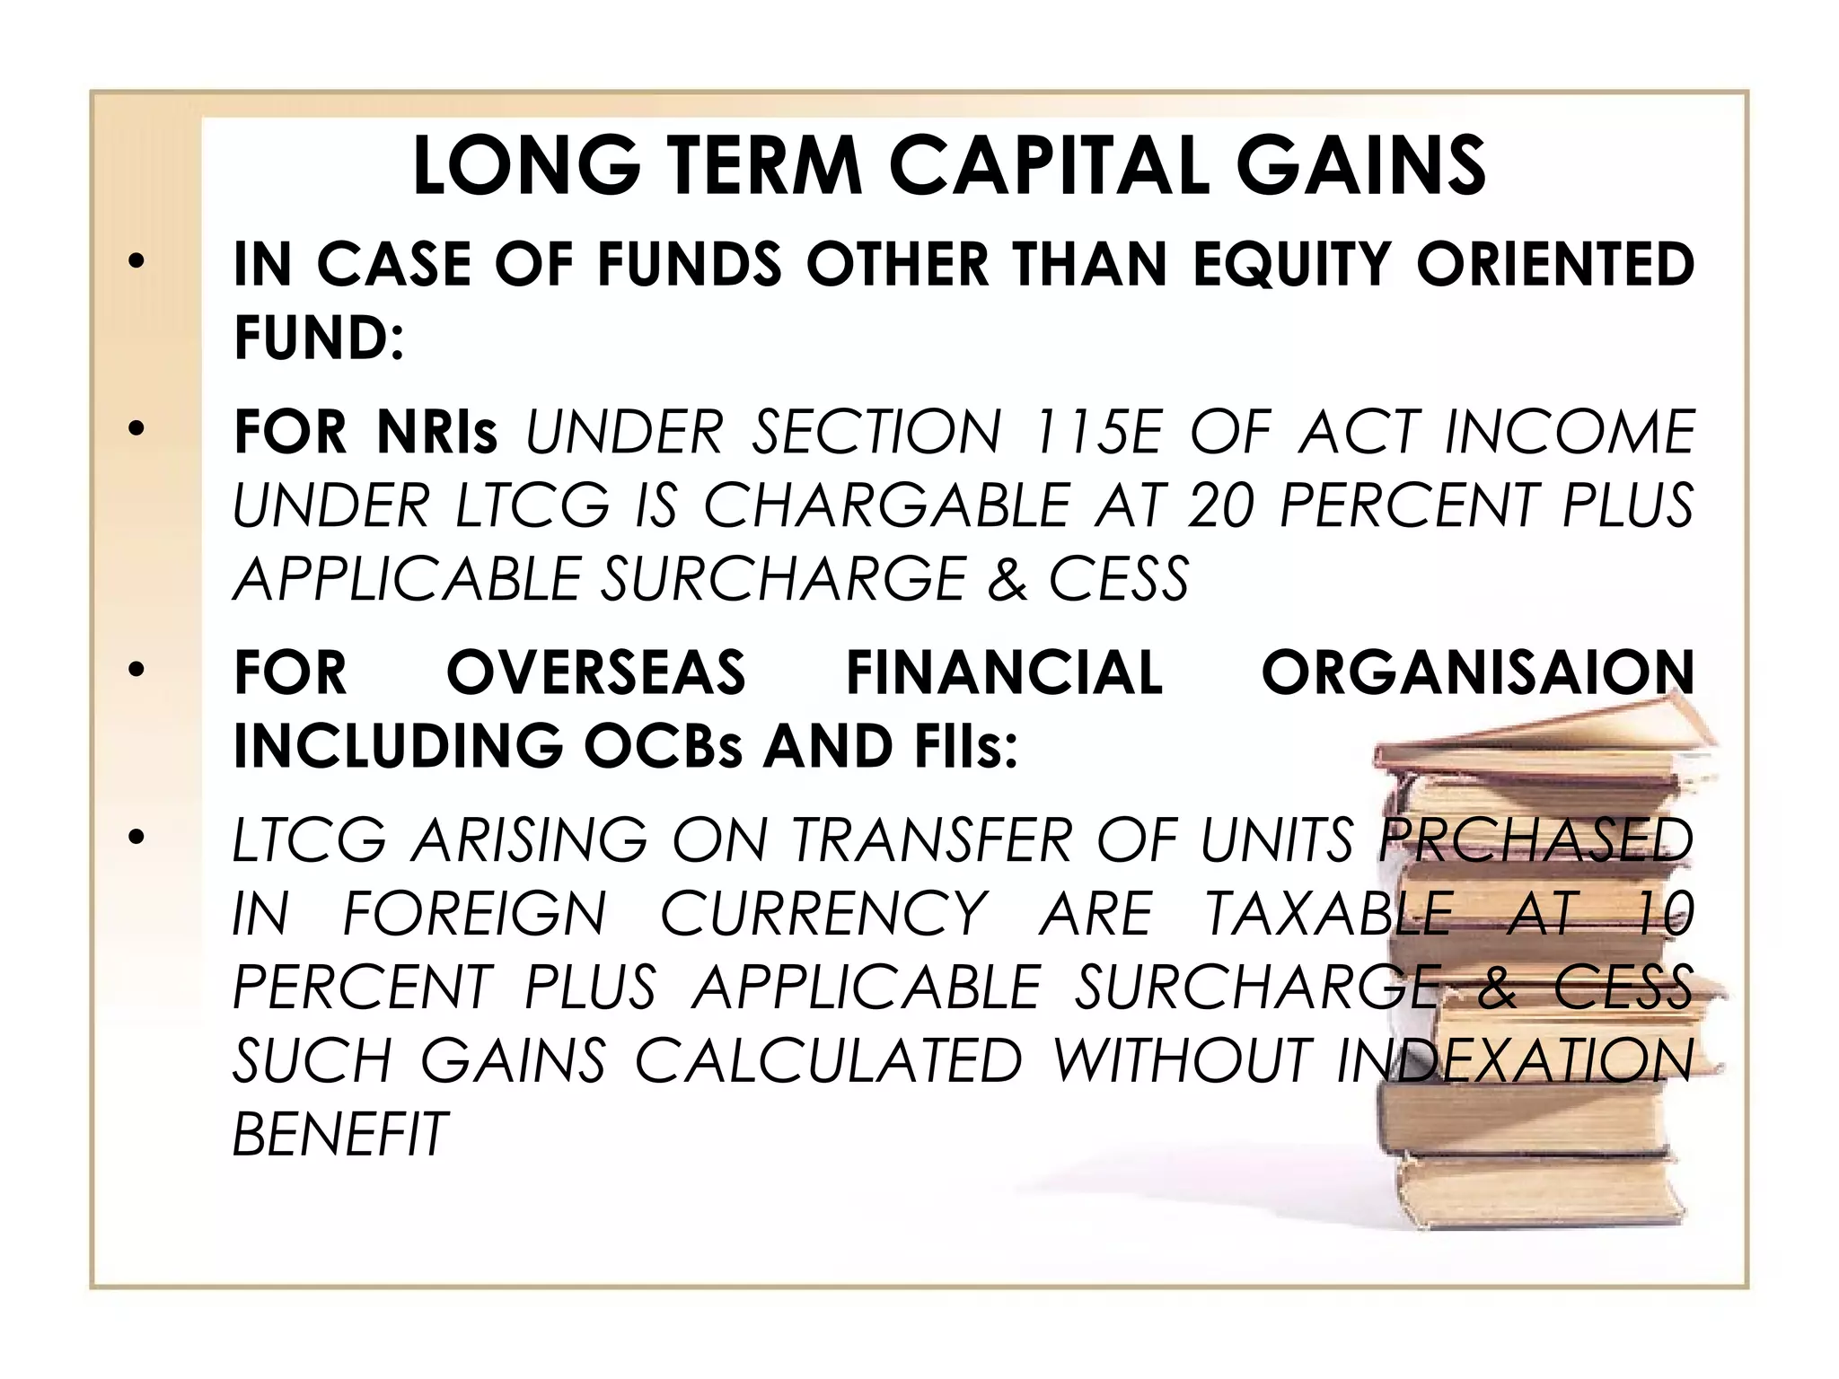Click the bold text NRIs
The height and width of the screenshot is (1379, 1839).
point(437,432)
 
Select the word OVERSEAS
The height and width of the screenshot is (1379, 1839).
point(595,672)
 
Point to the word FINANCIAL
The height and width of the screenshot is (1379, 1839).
point(1004,672)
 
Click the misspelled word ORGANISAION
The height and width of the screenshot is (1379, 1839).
point(1477,672)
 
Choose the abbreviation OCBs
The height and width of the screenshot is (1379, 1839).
point(663,746)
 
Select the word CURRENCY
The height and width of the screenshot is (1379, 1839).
point(823,914)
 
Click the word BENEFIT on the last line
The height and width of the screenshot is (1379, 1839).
point(339,1134)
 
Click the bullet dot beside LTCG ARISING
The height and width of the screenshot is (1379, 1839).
point(136,838)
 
